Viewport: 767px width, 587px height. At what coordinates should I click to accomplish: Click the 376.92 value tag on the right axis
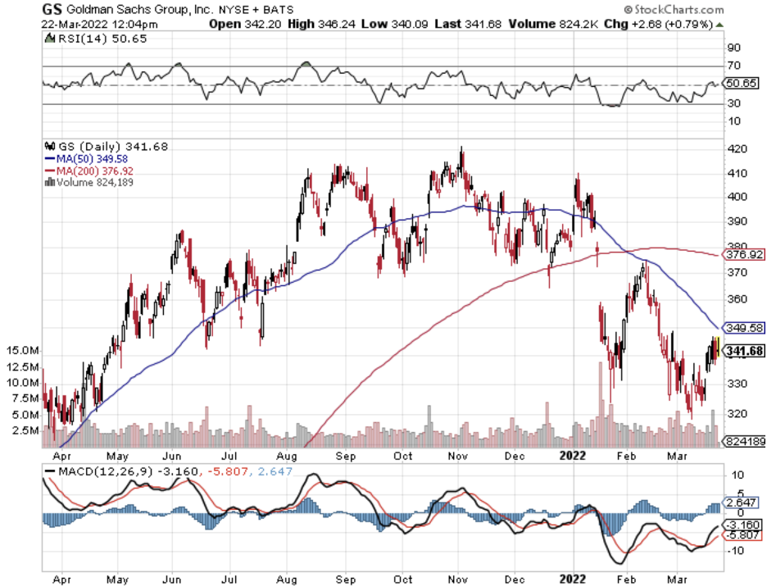(x=745, y=255)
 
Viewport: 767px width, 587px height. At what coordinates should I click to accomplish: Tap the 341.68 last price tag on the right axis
(x=746, y=351)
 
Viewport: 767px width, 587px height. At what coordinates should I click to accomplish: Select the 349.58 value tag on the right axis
(x=745, y=327)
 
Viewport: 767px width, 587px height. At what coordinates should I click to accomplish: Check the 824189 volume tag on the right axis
(x=744, y=442)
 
